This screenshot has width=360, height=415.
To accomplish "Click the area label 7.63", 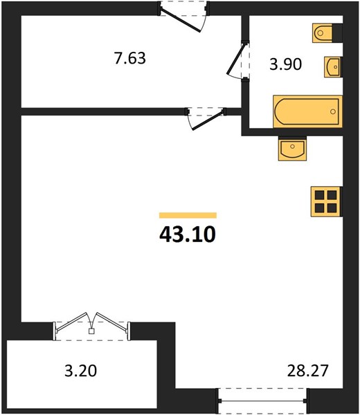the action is pos(129,58).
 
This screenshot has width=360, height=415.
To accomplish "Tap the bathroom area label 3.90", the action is pos(285,64).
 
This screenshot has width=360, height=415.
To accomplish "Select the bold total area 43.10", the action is pos(188,234).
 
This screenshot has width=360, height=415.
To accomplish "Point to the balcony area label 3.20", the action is pos(81,371).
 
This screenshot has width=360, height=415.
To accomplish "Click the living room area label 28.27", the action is pos(308,371).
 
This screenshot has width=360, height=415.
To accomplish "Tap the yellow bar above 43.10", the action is pos(188,215).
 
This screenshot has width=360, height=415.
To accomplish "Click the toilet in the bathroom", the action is pos(327,33).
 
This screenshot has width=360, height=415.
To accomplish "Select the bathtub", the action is pos(308,111).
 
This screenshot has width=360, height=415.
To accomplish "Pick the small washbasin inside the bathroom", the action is pos(333,67).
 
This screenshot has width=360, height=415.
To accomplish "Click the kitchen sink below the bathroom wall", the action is pos(292,149).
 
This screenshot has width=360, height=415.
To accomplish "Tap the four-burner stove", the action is pos(326,201).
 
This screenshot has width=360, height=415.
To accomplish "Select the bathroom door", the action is pos(238,59).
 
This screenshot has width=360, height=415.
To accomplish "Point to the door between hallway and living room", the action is pos(206,118).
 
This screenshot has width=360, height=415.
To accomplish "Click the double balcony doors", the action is pos(91,326).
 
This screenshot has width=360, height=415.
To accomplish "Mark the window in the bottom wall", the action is pos(262,401).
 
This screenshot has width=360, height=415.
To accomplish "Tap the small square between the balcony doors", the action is pos(91,331).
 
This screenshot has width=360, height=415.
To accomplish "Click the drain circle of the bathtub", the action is pos(333,111).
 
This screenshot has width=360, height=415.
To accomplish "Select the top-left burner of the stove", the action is pos(320,195).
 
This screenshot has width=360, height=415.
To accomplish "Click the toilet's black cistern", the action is pos(337,33).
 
